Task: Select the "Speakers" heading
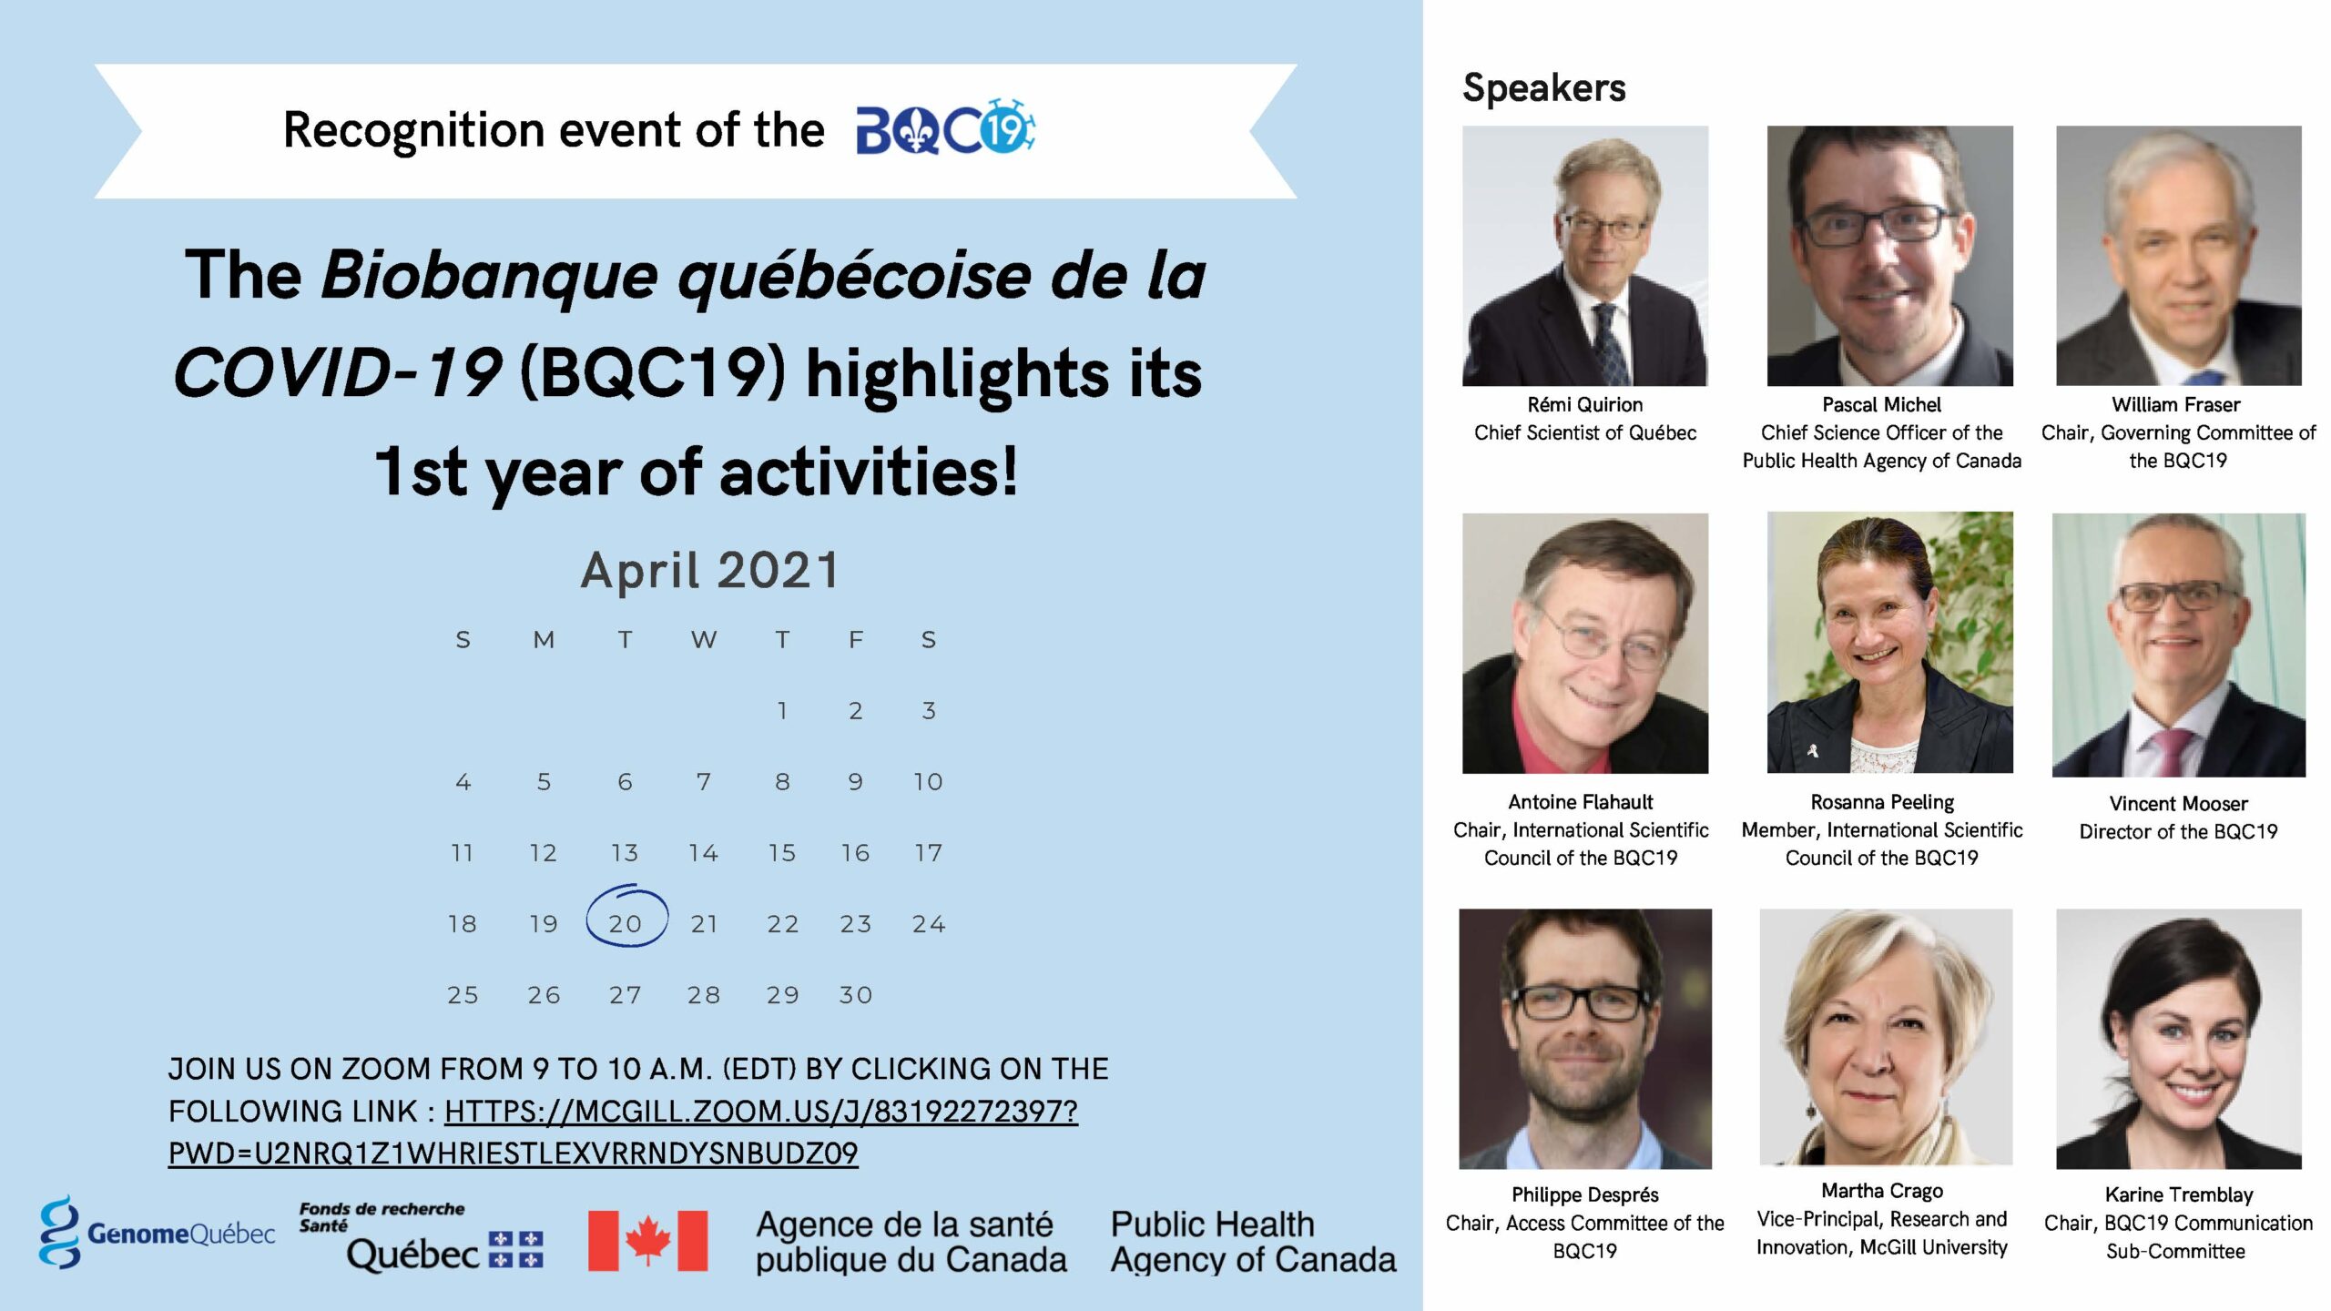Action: [1543, 88]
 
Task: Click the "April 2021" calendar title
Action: [709, 570]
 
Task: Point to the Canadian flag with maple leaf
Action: [647, 1240]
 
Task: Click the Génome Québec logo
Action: [157, 1233]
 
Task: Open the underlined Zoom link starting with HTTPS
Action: [623, 1132]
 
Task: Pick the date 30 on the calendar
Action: [856, 995]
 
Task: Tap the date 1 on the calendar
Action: [782, 710]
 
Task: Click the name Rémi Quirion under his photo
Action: [1585, 404]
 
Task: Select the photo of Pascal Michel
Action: [1890, 256]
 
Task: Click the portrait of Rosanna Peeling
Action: [1890, 642]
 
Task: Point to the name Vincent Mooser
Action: [2178, 804]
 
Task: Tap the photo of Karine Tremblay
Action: [2179, 1039]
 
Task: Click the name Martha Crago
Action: [1882, 1191]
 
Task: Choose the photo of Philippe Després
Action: [1585, 1039]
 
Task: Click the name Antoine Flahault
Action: [1581, 802]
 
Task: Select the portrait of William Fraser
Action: [2179, 256]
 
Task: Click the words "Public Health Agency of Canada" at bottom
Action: [1253, 1242]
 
